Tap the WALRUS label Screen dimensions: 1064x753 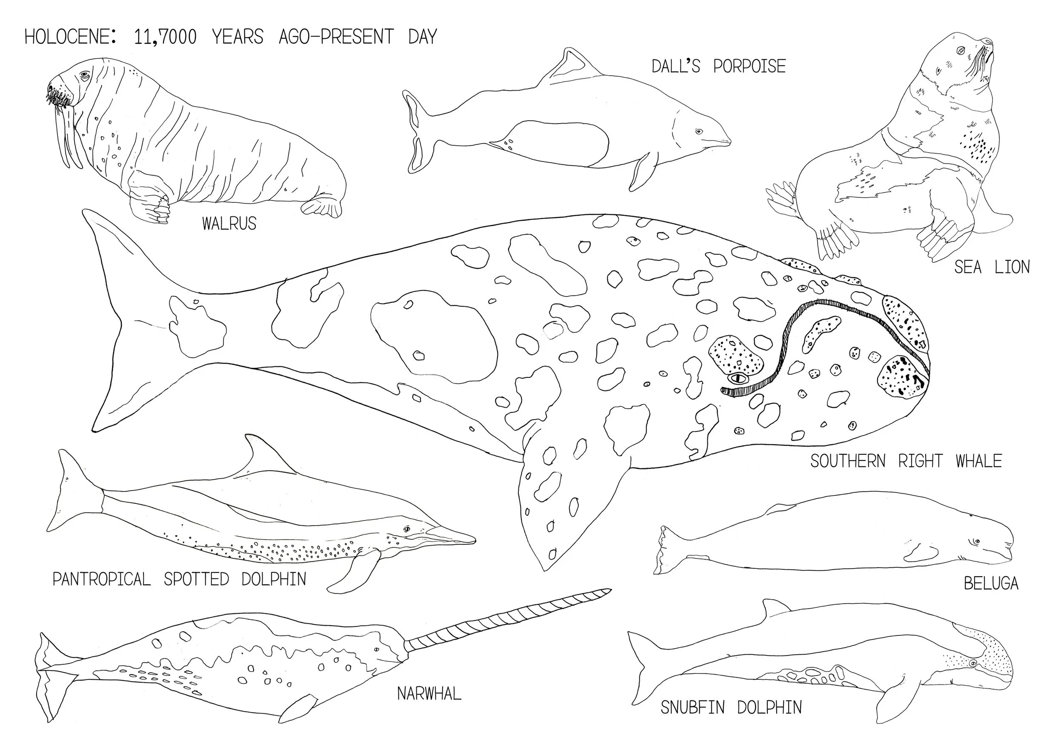point(229,224)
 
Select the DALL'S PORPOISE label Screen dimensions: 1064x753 point(719,66)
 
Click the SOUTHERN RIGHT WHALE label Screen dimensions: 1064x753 point(906,461)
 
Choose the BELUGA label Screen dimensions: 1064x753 point(991,583)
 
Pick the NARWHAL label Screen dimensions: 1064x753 point(429,693)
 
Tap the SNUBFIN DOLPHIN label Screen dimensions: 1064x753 point(731,707)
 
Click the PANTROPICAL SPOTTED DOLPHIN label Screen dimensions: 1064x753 point(179,579)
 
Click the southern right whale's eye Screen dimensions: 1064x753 point(738,378)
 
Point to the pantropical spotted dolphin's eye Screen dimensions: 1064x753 point(407,529)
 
